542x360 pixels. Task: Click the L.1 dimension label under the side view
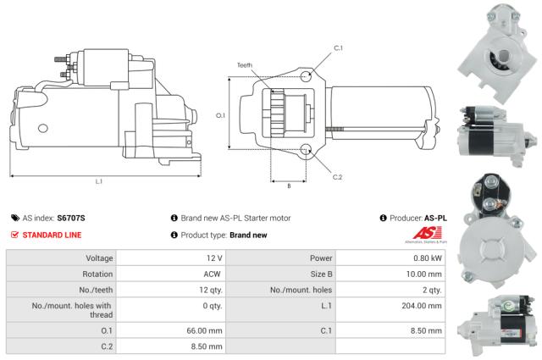(x=98, y=181)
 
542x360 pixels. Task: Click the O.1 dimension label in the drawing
(x=220, y=116)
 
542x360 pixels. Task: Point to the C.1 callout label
(x=338, y=48)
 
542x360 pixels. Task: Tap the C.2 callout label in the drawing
(x=337, y=176)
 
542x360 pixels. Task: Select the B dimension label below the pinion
(x=289, y=185)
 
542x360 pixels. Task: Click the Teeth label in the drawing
(x=245, y=65)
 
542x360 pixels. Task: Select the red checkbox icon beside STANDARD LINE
(x=14, y=235)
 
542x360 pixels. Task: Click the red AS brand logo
(x=424, y=235)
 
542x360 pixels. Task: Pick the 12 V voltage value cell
(x=213, y=258)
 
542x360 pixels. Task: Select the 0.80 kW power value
(x=427, y=258)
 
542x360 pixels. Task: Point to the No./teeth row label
(x=87, y=290)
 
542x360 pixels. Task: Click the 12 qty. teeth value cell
(x=208, y=290)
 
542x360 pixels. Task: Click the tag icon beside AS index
(x=14, y=218)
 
